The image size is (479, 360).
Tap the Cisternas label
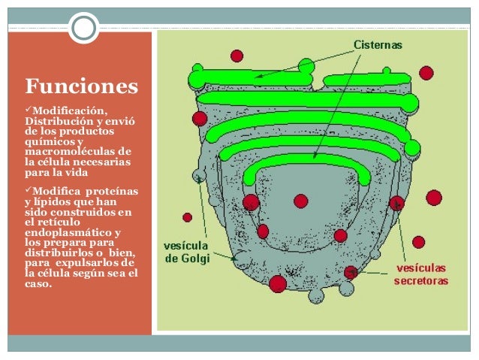378,45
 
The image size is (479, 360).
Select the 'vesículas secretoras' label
420,274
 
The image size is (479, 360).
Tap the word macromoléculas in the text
72,151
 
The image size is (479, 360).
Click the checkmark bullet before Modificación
29,112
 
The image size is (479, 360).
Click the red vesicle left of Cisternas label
236,56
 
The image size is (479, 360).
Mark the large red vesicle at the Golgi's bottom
278,283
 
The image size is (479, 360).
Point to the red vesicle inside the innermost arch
300,201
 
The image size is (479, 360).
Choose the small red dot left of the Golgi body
187,217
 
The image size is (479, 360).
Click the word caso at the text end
38,285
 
